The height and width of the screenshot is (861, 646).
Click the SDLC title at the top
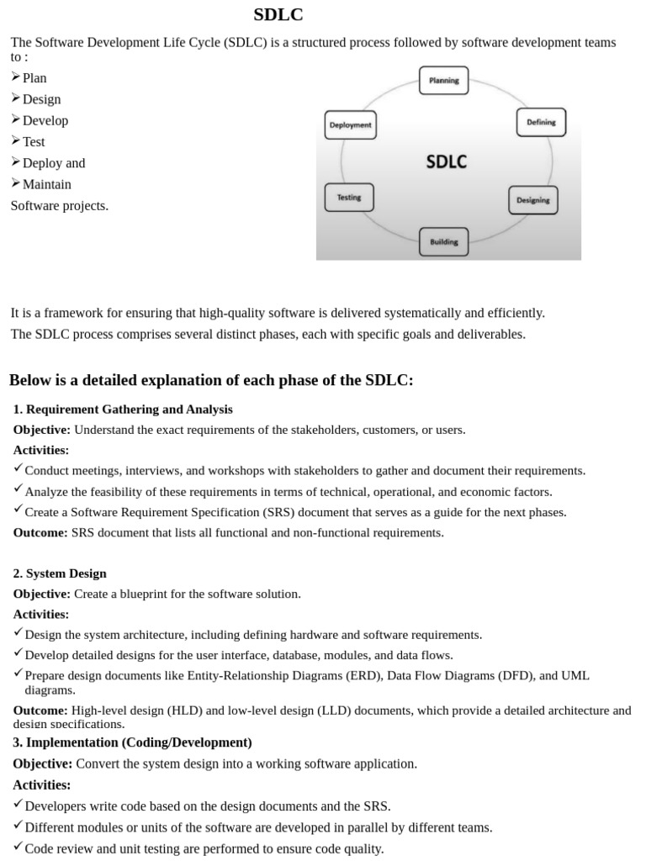tap(278, 15)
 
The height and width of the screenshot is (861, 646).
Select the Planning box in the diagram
tap(443, 81)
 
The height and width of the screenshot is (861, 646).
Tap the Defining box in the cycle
tap(541, 122)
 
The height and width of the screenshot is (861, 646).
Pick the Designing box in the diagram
tap(532, 200)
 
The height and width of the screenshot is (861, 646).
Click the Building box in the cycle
tap(443, 242)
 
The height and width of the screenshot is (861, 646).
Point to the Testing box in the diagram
tap(349, 198)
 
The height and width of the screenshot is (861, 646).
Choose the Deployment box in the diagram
tap(350, 125)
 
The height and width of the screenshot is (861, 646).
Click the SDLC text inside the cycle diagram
tap(446, 161)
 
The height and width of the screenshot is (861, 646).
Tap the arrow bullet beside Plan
tap(16, 77)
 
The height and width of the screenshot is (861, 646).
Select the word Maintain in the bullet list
tap(47, 184)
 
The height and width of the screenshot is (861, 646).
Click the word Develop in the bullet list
tap(45, 120)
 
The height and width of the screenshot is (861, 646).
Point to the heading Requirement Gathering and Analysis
tap(129, 409)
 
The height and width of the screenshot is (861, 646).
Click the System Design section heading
tap(66, 573)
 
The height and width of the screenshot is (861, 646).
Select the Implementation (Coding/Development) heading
tap(139, 742)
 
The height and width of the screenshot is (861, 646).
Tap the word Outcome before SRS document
tap(40, 532)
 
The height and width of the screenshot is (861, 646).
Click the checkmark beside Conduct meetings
tap(19, 469)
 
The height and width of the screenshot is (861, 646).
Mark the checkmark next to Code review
tap(19, 848)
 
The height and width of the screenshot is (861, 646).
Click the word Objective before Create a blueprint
tap(42, 594)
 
